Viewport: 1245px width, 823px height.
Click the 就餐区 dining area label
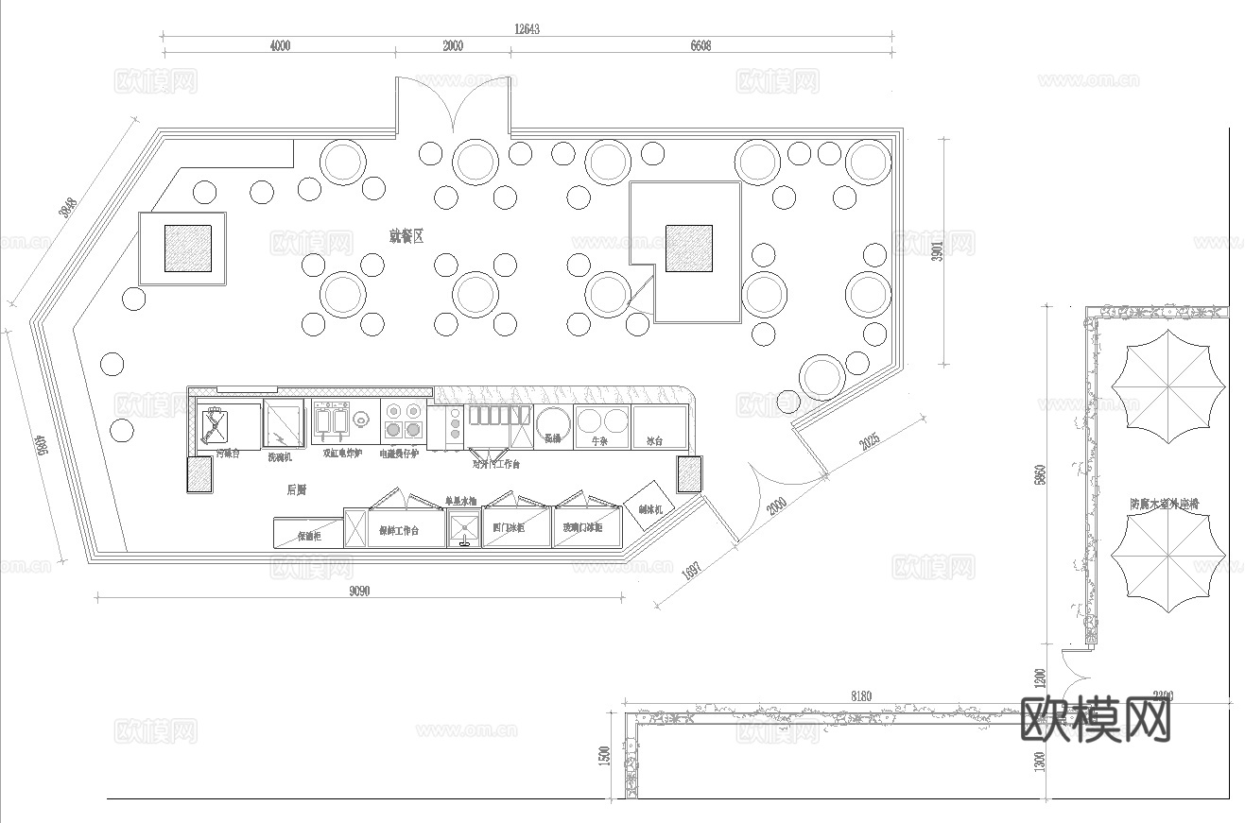pyautogui.click(x=406, y=235)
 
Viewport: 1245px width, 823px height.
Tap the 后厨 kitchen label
pyautogui.click(x=296, y=489)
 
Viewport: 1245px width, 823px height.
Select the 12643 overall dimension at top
pyautogui.click(x=527, y=29)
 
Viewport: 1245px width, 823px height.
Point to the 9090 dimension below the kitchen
pyautogui.click(x=359, y=592)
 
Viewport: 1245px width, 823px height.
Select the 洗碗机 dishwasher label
pyautogui.click(x=280, y=456)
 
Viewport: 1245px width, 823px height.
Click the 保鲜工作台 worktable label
pyautogui.click(x=398, y=530)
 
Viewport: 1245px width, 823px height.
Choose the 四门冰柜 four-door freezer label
pyautogui.click(x=508, y=527)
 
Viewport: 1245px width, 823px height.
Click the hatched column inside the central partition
pyautogui.click(x=688, y=248)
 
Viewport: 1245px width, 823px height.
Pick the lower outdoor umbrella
pyautogui.click(x=1168, y=567)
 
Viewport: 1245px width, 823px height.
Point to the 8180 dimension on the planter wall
pyautogui.click(x=861, y=696)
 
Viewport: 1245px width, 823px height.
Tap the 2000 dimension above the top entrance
pyautogui.click(x=453, y=46)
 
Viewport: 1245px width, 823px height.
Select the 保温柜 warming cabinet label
pyautogui.click(x=309, y=536)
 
